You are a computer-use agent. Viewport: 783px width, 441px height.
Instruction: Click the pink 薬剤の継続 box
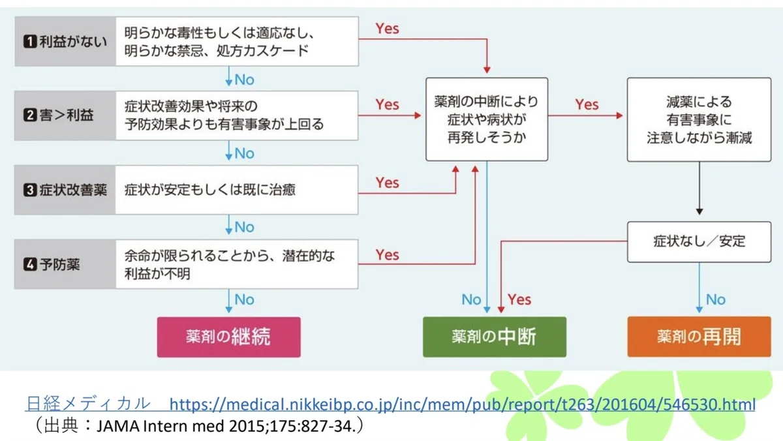pyautogui.click(x=228, y=337)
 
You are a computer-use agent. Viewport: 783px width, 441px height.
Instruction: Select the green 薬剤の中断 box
pyautogui.click(x=495, y=337)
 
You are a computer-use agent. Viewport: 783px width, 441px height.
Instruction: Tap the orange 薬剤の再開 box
pyautogui.click(x=699, y=337)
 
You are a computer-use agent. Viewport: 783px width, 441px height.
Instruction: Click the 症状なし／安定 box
pyautogui.click(x=699, y=241)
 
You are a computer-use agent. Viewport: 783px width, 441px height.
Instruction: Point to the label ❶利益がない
pyautogui.click(x=65, y=42)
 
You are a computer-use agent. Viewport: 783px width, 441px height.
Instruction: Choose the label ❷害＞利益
pyautogui.click(x=58, y=115)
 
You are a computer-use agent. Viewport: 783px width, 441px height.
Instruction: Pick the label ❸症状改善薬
pyautogui.click(x=65, y=190)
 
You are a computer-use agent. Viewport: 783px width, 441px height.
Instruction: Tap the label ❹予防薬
pyautogui.click(x=52, y=264)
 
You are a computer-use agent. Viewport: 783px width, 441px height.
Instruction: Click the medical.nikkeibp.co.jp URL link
pyautogui.click(x=462, y=404)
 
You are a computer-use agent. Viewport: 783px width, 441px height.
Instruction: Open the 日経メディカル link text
pyautogui.click(x=88, y=404)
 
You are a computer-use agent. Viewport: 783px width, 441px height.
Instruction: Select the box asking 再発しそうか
pyautogui.click(x=487, y=119)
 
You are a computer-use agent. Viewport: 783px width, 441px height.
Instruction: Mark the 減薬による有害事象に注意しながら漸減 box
pyautogui.click(x=699, y=119)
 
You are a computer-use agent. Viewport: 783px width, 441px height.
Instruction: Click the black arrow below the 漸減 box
pyautogui.click(x=699, y=188)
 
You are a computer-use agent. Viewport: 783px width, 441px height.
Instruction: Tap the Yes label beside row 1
pyautogui.click(x=387, y=29)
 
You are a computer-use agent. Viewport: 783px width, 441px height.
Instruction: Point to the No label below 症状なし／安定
pyautogui.click(x=716, y=299)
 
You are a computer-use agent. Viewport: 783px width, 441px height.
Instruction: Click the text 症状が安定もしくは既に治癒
pyautogui.click(x=210, y=190)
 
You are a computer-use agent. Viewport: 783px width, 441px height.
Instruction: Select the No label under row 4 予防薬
pyautogui.click(x=244, y=299)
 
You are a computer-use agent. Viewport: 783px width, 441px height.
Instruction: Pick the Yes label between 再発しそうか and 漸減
pyautogui.click(x=587, y=104)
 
